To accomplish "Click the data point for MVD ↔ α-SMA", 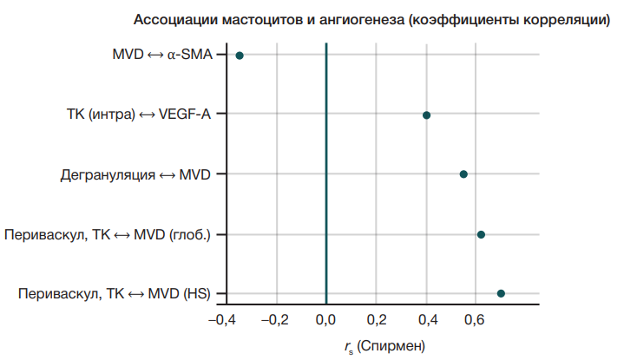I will click(x=240, y=56).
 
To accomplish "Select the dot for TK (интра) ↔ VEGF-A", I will click(x=426, y=115).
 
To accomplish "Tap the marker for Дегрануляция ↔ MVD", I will click(x=463, y=174).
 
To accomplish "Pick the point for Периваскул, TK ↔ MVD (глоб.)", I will click(x=481, y=234).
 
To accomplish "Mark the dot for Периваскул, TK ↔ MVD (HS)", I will click(x=501, y=293).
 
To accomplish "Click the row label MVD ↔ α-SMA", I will click(x=162, y=56).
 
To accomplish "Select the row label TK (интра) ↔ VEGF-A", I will click(x=139, y=115).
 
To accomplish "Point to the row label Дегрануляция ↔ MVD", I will click(x=136, y=174).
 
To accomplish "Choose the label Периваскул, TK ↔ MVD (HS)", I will click(x=115, y=293).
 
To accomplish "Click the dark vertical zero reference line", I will click(x=326, y=173).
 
